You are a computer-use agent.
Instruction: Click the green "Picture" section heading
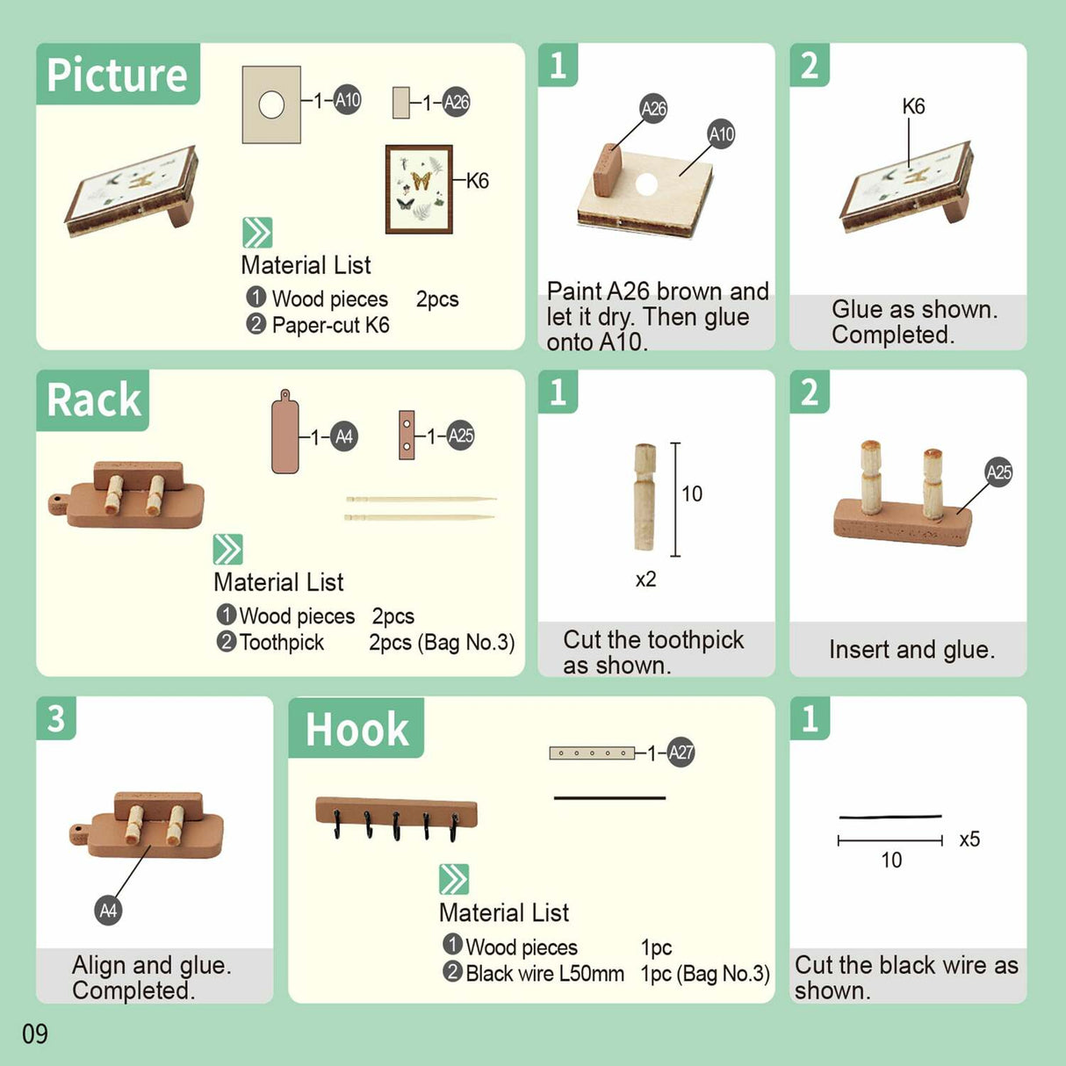pos(117,75)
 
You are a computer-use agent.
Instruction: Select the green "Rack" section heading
pos(93,400)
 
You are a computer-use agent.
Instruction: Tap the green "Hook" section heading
pos(357,729)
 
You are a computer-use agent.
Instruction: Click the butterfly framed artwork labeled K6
pos(419,189)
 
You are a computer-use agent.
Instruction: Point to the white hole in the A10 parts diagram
pos(271,105)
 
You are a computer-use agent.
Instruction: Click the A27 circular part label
pos(681,753)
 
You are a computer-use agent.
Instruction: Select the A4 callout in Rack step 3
pos(108,911)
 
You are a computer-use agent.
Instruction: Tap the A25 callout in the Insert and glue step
pos(998,472)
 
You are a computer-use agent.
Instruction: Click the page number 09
pos(35,1034)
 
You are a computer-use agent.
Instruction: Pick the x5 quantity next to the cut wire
pos(969,839)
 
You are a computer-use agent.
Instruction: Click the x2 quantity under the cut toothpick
pos(645,580)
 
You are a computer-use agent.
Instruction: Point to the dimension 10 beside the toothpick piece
pos(692,494)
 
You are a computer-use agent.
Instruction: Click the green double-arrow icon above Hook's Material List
pos(454,879)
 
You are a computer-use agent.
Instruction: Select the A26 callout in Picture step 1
pos(653,108)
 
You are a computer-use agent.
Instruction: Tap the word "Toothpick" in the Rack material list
pos(282,643)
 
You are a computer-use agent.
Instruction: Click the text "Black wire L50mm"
pos(544,974)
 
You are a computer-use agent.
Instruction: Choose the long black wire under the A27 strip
pos(609,798)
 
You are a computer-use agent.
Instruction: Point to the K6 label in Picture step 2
pos(913,106)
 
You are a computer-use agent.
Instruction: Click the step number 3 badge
pos(56,718)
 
